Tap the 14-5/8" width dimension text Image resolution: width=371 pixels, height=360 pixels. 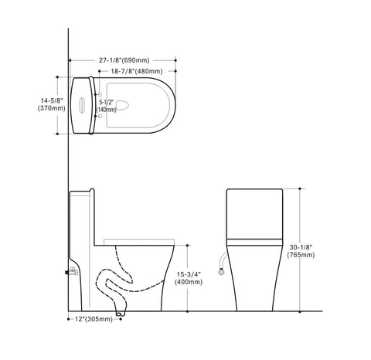52,100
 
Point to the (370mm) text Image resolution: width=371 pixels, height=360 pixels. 52,109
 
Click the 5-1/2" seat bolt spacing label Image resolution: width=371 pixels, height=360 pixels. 107,101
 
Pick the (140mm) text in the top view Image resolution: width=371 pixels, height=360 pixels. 107,110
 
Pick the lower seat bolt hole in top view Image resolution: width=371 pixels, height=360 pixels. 94,117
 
